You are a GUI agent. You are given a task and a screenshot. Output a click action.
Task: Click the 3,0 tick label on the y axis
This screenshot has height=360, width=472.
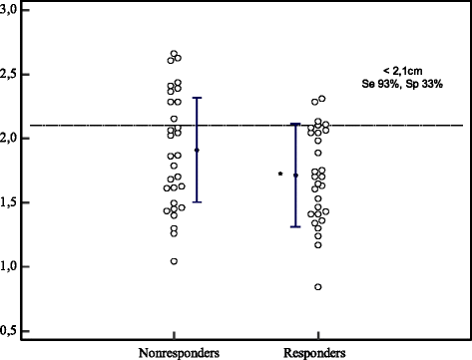[13, 8]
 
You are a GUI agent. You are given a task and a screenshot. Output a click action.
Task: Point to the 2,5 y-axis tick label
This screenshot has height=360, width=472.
[13, 73]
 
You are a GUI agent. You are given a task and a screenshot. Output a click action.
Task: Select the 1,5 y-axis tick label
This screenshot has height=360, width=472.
[13, 201]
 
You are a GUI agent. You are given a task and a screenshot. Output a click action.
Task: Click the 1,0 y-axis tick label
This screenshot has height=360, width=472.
[13, 266]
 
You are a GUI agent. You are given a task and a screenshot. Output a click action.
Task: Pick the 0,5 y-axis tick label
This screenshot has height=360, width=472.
[13, 330]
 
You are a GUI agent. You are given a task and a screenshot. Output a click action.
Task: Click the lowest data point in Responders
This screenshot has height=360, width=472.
[318, 287]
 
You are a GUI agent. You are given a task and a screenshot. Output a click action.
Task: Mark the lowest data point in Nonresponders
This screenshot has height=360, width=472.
[174, 261]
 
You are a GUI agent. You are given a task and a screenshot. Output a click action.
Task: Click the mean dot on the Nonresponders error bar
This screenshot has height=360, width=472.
[197, 150]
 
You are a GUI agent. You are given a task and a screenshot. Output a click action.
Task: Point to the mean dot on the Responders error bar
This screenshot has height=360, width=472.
[295, 176]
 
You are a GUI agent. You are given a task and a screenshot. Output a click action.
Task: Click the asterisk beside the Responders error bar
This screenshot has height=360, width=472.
[280, 175]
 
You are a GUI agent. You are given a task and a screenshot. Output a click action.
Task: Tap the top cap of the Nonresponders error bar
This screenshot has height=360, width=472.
[197, 98]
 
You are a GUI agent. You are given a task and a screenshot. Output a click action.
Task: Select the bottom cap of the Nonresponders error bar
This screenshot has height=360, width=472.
[197, 201]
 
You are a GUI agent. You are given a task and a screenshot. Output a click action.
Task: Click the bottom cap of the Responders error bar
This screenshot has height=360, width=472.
[295, 226]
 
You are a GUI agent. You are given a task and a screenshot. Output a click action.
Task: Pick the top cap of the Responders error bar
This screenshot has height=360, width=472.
[295, 124]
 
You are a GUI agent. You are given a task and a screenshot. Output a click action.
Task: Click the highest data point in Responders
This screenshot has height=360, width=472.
[320, 99]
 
